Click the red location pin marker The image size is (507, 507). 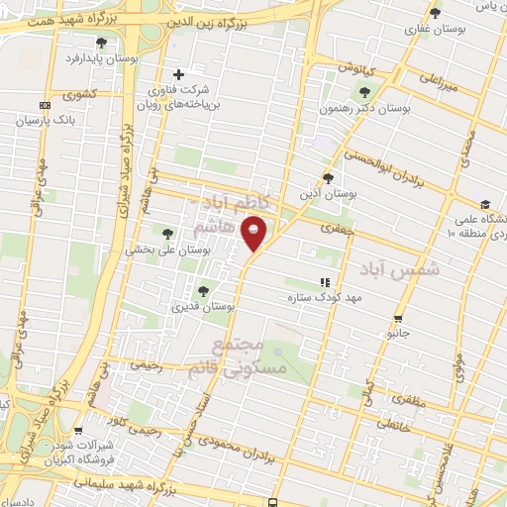tap(255, 234)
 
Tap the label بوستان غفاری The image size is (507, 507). tap(432, 29)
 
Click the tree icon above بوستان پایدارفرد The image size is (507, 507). tap(101, 43)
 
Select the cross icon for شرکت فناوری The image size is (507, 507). tap(179, 74)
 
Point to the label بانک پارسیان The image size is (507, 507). tap(46, 120)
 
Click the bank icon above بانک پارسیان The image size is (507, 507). tap(45, 105)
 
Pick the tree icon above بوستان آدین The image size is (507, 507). tap(329, 178)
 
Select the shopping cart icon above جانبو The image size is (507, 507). tap(398, 319)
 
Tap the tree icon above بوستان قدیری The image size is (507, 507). tap(203, 291)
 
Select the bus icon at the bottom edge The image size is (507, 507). tap(272, 501)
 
